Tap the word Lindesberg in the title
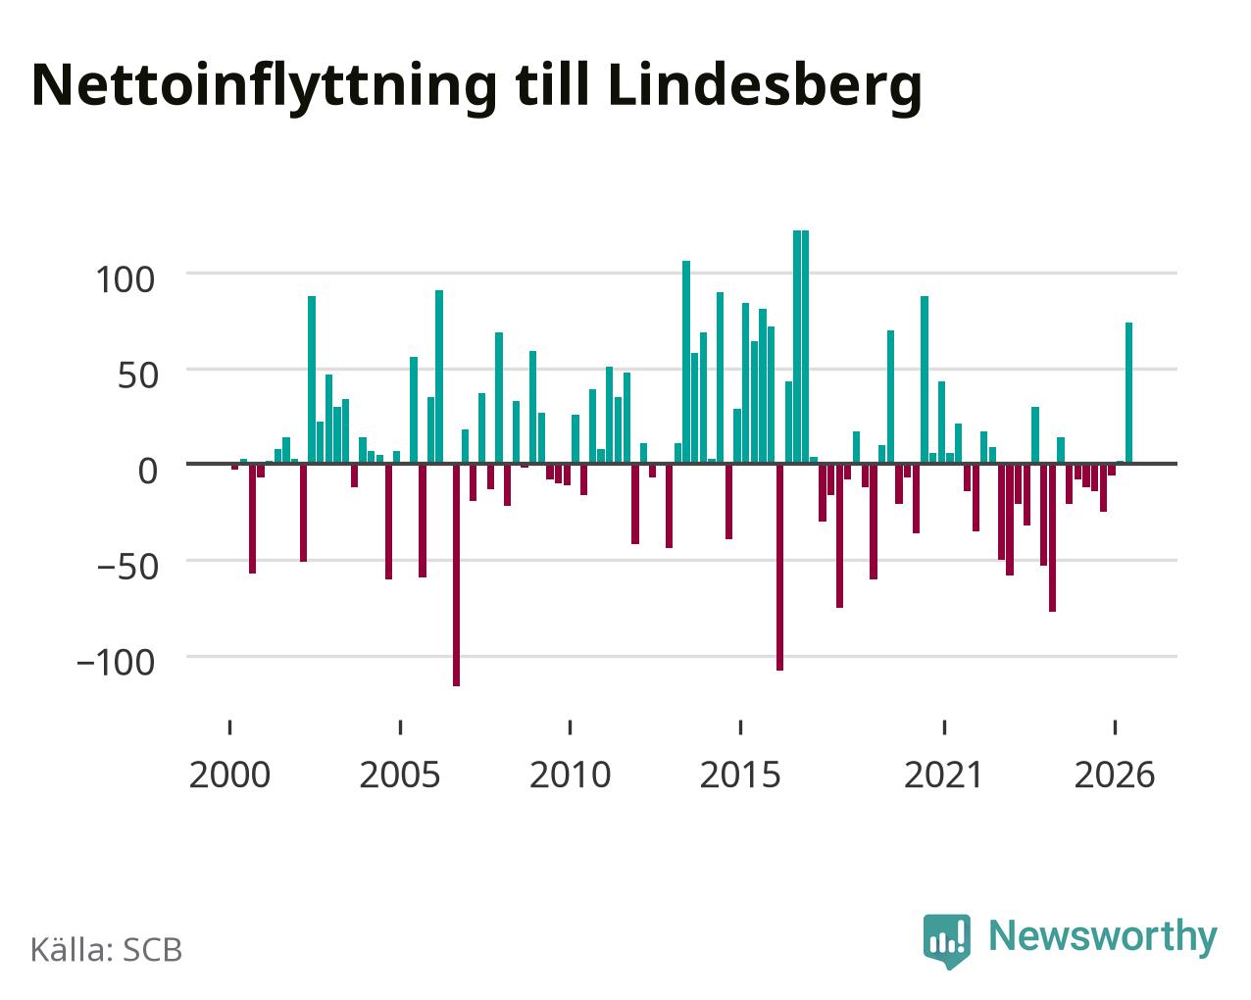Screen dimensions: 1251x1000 765,85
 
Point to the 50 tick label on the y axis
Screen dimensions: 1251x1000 138,375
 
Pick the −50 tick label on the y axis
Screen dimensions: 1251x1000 127,567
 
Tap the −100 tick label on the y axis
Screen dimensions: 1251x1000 117,663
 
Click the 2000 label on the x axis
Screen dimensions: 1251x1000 229,775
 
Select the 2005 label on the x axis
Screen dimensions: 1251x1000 400,775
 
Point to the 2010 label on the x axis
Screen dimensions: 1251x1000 570,775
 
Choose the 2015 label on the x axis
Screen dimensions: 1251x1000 740,775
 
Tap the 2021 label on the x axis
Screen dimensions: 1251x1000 943,775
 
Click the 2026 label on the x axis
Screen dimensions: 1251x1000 1115,775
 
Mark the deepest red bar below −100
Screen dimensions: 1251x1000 456,575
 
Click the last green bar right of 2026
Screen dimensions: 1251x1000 1128,393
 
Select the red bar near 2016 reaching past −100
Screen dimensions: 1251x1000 779,568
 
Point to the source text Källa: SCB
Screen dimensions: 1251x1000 107,950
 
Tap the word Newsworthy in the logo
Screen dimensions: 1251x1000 1103,936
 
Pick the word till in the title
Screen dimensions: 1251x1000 552,85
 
